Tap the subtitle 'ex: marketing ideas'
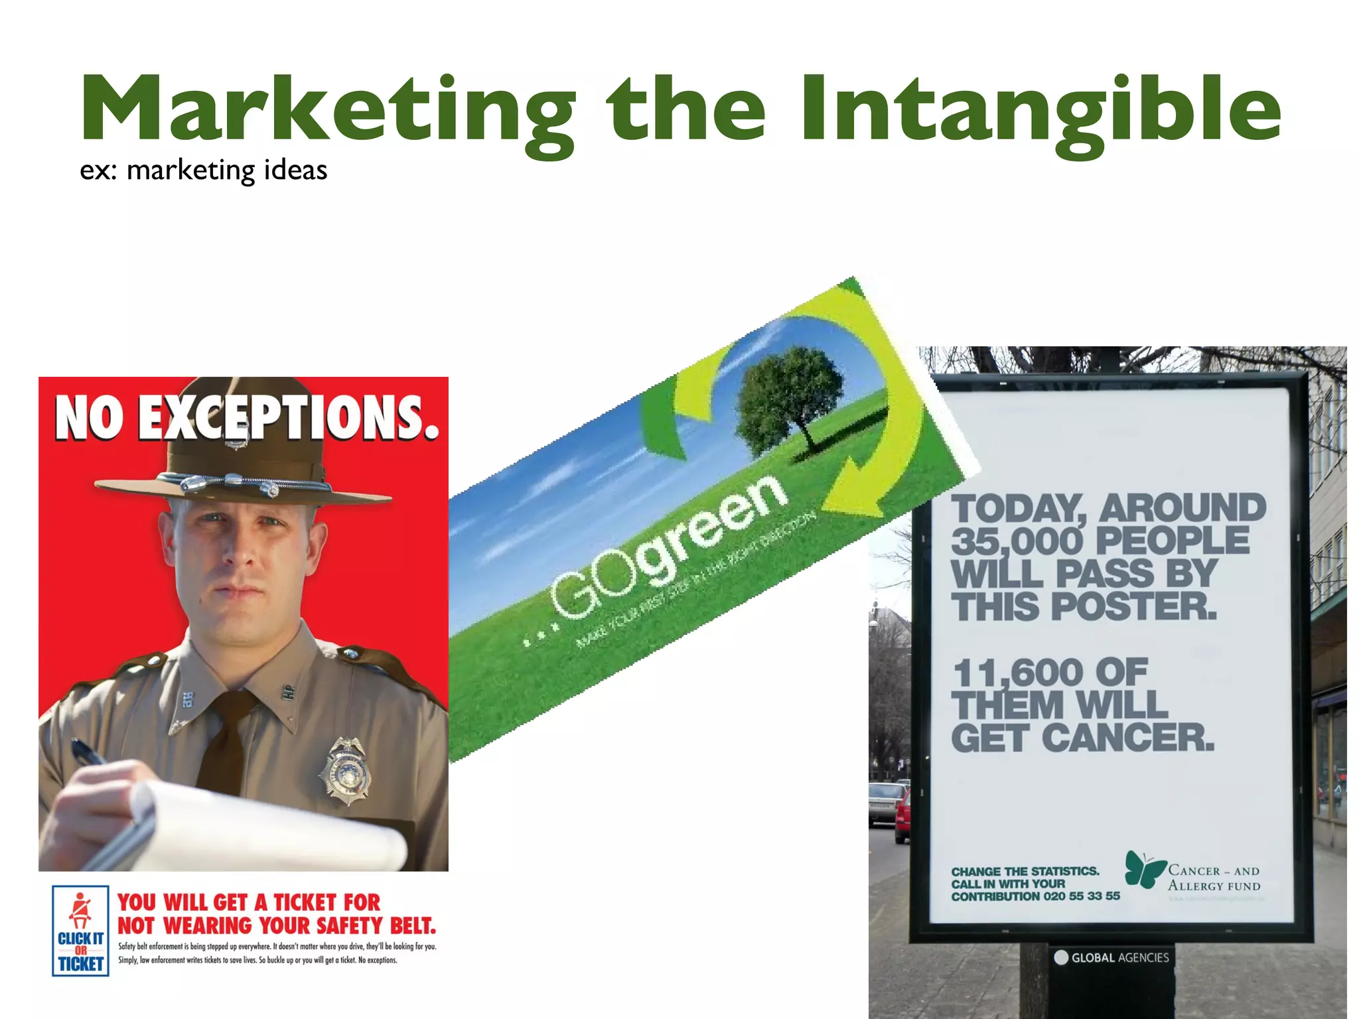[203, 170]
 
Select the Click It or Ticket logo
[80, 930]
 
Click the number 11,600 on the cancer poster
[1016, 673]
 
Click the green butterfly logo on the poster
[1144, 869]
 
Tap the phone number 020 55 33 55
[1081, 896]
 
